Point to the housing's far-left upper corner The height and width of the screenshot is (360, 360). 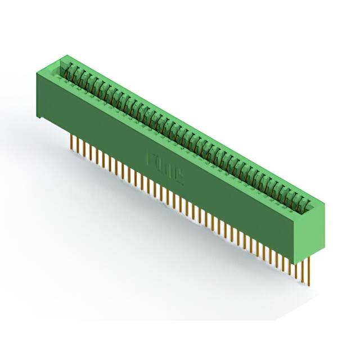[x=38, y=70]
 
